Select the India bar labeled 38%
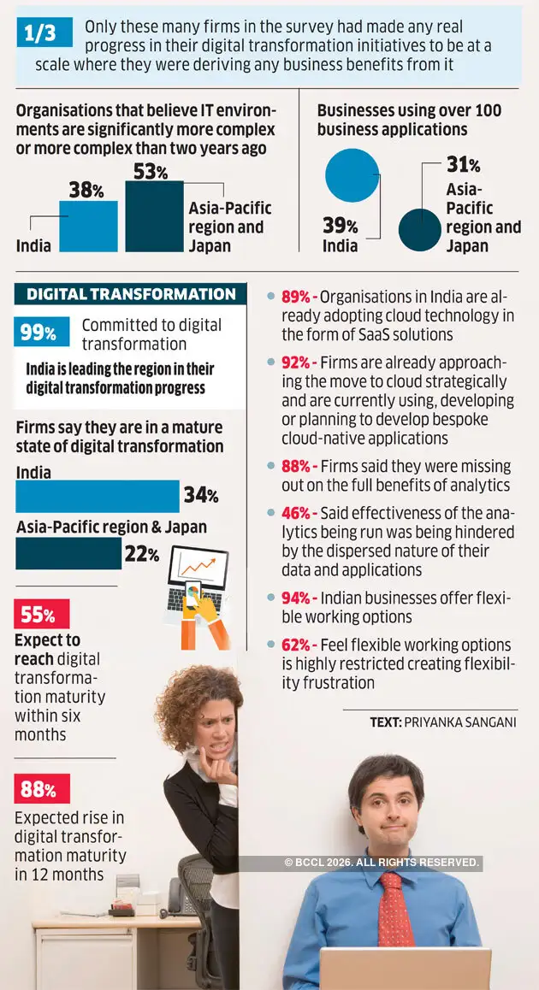[88, 227]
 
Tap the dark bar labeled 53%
[154, 216]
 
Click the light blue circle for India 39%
[352, 175]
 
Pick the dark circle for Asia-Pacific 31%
[418, 229]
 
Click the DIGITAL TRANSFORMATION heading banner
[131, 294]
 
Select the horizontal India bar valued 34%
[98, 496]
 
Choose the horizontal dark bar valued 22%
[68, 554]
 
